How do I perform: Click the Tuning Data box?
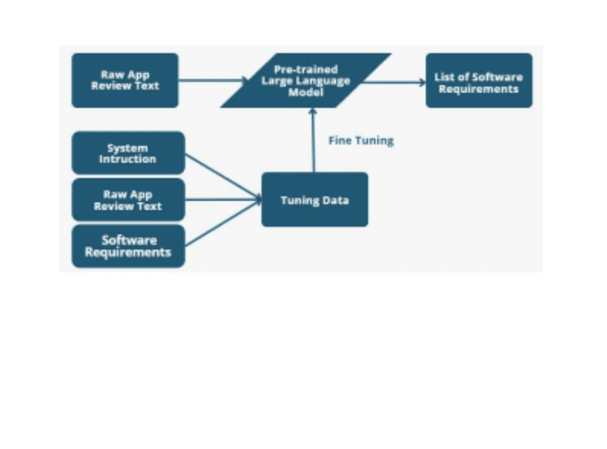point(314,200)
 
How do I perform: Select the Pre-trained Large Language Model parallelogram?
point(306,80)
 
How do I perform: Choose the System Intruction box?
point(128,153)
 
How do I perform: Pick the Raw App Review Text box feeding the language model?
point(125,80)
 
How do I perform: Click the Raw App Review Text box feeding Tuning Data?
point(128,200)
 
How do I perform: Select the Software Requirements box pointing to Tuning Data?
point(128,246)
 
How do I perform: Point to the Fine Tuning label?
point(361,141)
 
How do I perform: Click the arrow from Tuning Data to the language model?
point(313,141)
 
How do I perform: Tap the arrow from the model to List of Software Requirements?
point(394,81)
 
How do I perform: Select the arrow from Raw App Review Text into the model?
point(213,80)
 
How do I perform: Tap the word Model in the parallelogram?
point(306,91)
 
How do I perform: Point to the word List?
point(446,77)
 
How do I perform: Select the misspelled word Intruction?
point(128,159)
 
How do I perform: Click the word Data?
point(334,200)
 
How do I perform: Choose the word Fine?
point(340,141)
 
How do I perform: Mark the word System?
point(128,148)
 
